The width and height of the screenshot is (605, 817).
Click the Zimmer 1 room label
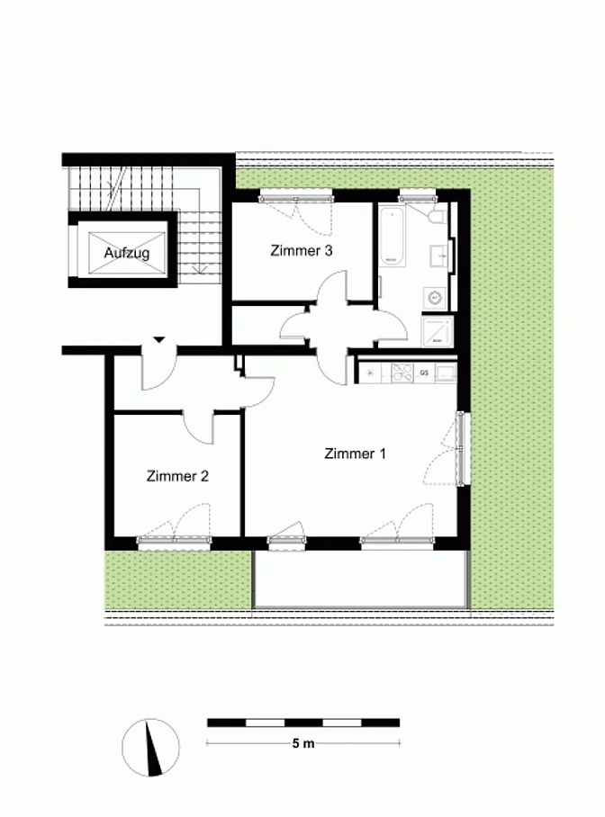point(356,453)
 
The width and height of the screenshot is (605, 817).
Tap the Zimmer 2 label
point(177,476)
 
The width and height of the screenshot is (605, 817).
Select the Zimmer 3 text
point(301,251)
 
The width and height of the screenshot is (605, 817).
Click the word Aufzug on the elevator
point(127,253)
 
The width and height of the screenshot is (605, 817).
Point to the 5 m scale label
point(303,743)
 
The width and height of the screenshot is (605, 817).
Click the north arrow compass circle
point(150,748)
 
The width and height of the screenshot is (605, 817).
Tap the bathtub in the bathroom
point(392,236)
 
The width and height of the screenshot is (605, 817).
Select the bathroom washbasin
point(439,256)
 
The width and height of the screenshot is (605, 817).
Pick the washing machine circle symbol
point(434,299)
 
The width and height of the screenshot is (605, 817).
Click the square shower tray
point(437,331)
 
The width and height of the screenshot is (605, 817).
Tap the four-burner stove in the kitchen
point(402,373)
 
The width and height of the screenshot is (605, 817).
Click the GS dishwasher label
point(424,373)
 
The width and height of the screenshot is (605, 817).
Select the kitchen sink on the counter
point(446,373)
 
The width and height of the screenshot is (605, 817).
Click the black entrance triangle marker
point(159,340)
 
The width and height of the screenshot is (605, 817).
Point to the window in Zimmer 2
point(174,542)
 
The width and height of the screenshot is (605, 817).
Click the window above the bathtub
point(417,198)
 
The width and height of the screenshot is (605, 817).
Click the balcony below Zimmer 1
point(360,579)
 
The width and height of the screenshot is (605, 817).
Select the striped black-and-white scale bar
point(303,723)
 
